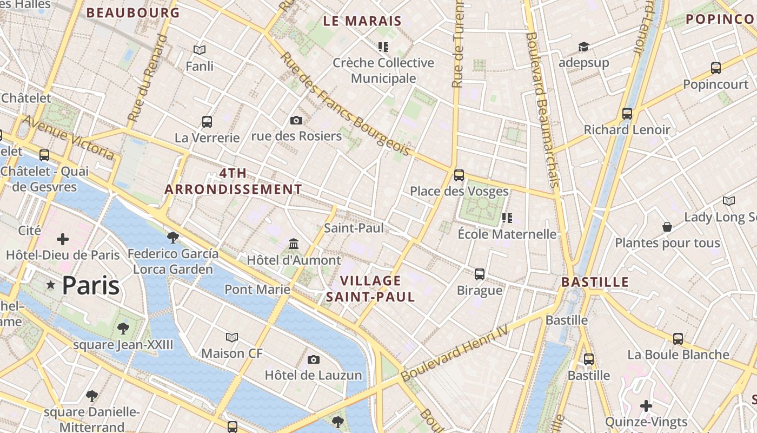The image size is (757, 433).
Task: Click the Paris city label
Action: pyautogui.click(x=90, y=285)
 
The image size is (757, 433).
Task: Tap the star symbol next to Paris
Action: pyautogui.click(x=51, y=285)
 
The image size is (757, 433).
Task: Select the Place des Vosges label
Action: pyautogui.click(x=459, y=191)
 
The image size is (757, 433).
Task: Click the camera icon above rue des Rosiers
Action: pyautogui.click(x=296, y=120)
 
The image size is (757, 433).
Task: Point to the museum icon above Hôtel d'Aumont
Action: pyautogui.click(x=294, y=244)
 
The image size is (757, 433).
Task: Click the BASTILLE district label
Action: pyautogui.click(x=595, y=282)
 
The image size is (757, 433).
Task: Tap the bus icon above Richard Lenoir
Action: pyautogui.click(x=627, y=114)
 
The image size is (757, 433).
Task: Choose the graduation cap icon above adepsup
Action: pyautogui.click(x=583, y=47)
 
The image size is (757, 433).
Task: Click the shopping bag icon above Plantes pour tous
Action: pyautogui.click(x=667, y=227)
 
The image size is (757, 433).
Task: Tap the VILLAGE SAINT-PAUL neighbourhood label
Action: pyautogui.click(x=371, y=288)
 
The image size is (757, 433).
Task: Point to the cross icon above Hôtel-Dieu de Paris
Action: pyautogui.click(x=63, y=239)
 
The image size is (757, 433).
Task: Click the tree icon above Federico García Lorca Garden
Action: pyautogui.click(x=173, y=237)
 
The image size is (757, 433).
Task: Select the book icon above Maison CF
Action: pyautogui.click(x=232, y=338)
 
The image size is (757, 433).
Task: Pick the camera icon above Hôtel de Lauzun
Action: pyautogui.click(x=313, y=359)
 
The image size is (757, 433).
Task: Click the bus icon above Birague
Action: pyautogui.click(x=480, y=274)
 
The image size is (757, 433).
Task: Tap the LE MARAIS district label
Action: pyautogui.click(x=362, y=21)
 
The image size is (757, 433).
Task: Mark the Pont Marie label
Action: pyautogui.click(x=257, y=289)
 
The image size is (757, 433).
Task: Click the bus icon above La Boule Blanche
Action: pyautogui.click(x=678, y=339)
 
